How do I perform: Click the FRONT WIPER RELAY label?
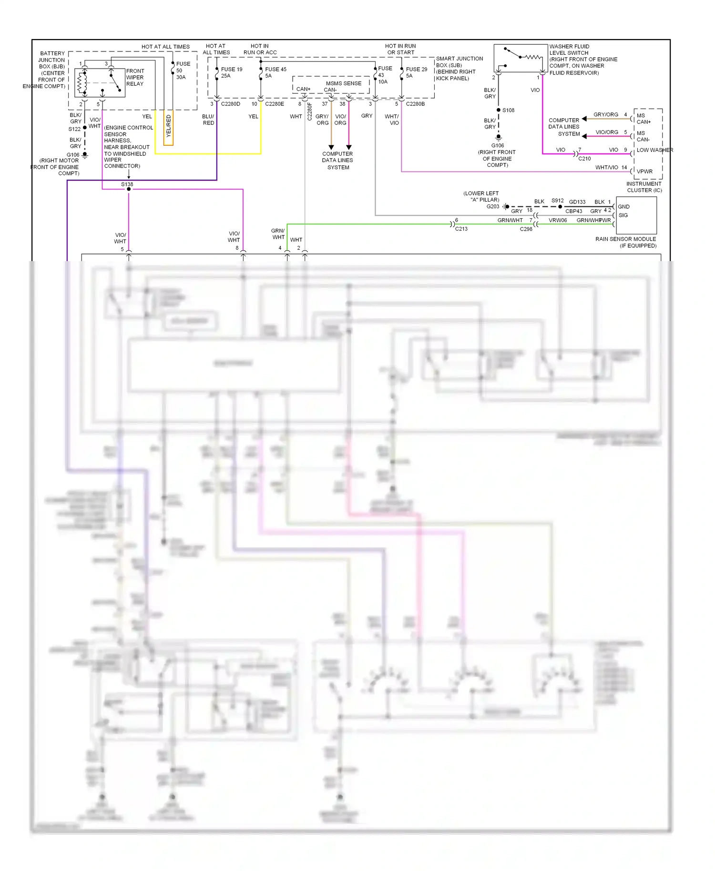coord(135,77)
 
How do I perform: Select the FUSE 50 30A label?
coord(183,70)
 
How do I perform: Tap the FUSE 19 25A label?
coord(231,72)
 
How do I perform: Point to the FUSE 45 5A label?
coord(275,72)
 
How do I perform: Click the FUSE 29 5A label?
coord(416,72)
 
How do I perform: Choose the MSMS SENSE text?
coord(343,83)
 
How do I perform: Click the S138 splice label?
coord(127,184)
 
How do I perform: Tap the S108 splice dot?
coord(499,110)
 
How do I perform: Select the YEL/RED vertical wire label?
coord(168,126)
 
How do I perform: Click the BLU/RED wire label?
coord(208,120)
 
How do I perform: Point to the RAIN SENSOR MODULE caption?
coord(625,239)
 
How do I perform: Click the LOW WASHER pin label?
coord(654,150)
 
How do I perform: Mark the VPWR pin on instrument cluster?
coord(644,172)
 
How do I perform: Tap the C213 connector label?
coord(461,229)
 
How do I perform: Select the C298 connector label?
coord(526,229)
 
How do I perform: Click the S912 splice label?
coord(557,201)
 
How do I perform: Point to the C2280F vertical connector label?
coord(309,111)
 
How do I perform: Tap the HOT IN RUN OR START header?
coord(400,49)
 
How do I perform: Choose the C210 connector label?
coord(584,159)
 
